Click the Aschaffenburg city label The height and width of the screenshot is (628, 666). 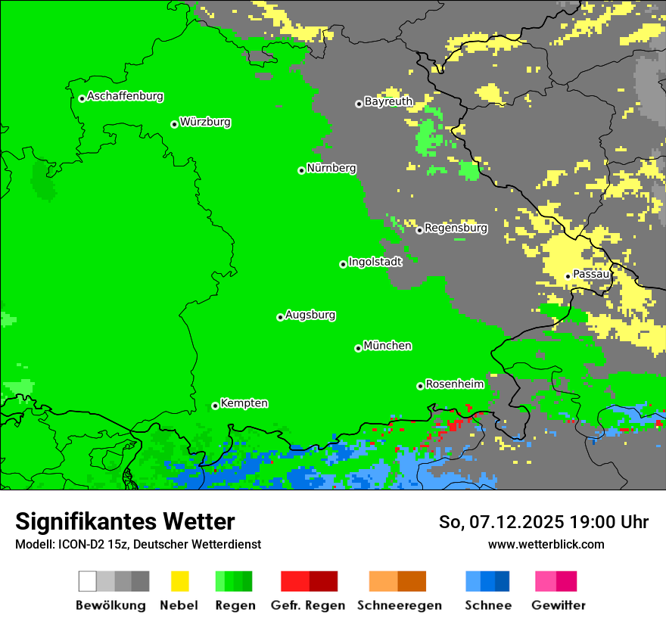[x=125, y=96]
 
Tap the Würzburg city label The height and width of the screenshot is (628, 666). [x=205, y=122]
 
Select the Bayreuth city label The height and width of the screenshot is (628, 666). [x=388, y=101]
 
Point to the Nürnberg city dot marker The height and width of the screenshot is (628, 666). [x=301, y=170]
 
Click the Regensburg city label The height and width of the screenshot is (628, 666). [x=456, y=228]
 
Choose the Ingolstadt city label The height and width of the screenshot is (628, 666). [x=375, y=262]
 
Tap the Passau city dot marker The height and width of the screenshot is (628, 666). [x=568, y=276]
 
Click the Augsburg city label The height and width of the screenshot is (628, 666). [x=310, y=315]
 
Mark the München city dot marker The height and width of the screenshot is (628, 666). [x=358, y=348]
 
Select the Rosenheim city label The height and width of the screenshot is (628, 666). [x=455, y=384]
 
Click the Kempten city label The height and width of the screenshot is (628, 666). [x=244, y=403]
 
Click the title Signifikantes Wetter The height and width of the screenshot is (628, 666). [x=125, y=521]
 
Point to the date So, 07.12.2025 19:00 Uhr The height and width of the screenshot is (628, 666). [x=543, y=522]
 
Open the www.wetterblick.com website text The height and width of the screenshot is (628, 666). [x=546, y=544]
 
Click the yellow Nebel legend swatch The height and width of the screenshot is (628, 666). [x=179, y=581]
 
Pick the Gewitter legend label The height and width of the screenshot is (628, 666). [x=558, y=605]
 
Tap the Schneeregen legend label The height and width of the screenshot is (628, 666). [x=399, y=605]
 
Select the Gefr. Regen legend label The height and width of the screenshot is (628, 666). [x=307, y=605]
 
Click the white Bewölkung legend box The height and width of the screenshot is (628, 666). [x=88, y=581]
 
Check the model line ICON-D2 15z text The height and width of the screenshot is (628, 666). [x=138, y=544]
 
